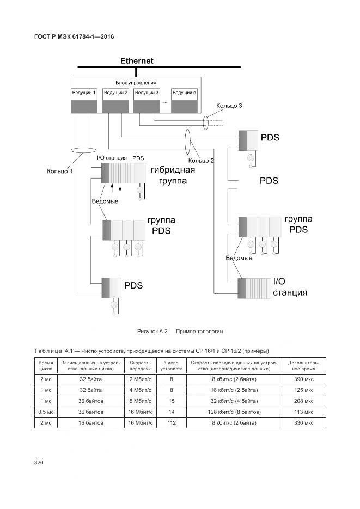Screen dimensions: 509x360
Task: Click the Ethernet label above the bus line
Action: pos(137,61)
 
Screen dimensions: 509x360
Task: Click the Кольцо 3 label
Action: pos(229,105)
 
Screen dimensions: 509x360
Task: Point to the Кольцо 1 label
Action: pos(60,171)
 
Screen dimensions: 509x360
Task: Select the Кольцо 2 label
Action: pos(201,161)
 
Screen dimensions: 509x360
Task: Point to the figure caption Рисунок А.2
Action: pos(180,332)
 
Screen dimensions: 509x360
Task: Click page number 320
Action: pos(39,463)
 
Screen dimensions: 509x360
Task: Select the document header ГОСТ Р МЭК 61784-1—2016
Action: pos(74,36)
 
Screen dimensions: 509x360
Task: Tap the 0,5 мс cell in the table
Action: pos(45,412)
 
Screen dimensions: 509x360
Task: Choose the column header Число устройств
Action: pos(171,365)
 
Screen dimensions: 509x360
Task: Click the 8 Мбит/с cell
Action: pos(140,401)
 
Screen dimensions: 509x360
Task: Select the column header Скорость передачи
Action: pos(140,365)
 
